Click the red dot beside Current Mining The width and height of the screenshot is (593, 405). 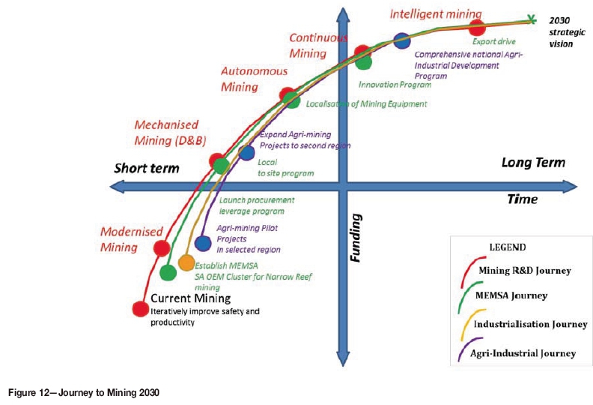(139, 307)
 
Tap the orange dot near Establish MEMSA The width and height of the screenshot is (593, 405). (186, 263)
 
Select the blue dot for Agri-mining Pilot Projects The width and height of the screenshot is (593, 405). (202, 243)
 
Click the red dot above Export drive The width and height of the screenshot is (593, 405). (477, 28)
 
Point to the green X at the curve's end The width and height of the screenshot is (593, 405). (531, 20)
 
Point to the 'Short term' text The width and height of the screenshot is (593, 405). (147, 167)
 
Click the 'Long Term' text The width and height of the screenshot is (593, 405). (533, 162)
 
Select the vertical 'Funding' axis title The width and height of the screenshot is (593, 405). (357, 236)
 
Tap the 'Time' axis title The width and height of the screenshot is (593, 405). (523, 199)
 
